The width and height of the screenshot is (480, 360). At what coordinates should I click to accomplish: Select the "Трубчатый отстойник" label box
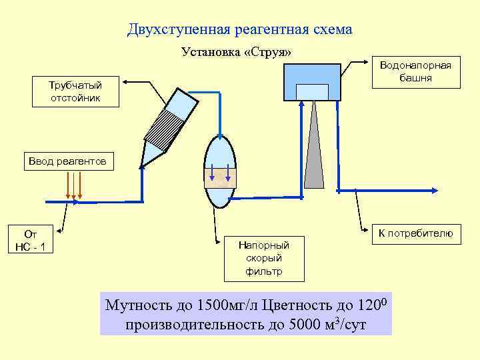pyautogui.click(x=75, y=92)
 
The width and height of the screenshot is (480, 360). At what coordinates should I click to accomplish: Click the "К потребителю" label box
pyautogui.click(x=415, y=233)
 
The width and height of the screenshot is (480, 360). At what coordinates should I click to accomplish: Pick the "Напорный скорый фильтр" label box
pyautogui.click(x=263, y=258)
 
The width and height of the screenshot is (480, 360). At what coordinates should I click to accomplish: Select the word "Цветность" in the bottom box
pyautogui.click(x=297, y=306)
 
